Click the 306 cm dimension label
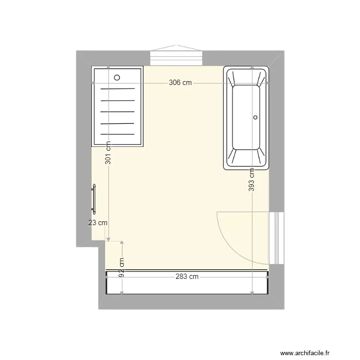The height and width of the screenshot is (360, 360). [x=180, y=83]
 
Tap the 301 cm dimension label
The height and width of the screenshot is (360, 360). [x=108, y=153]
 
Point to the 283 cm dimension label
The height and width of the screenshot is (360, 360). [x=187, y=276]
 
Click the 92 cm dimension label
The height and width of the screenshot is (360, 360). [x=122, y=267]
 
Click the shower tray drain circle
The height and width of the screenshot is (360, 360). [x=117, y=77]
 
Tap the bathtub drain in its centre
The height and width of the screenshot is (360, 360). [x=255, y=117]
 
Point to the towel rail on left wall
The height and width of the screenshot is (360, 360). [x=95, y=199]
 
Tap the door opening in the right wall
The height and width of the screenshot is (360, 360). [x=275, y=238]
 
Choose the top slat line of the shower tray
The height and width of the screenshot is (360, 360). [x=118, y=89]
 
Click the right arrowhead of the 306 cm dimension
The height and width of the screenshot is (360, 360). [x=267, y=83]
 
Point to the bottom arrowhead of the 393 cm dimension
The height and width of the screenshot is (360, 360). [x=252, y=291]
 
